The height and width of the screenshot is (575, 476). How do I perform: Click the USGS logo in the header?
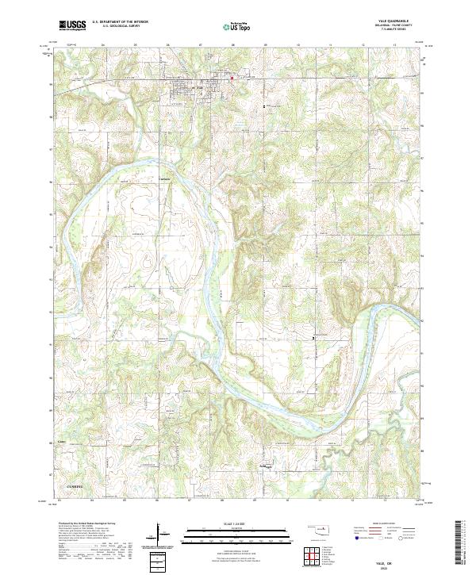(72, 25)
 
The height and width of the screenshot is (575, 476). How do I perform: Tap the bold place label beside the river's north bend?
(166, 178)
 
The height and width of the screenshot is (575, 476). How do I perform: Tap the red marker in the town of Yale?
(232, 78)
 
